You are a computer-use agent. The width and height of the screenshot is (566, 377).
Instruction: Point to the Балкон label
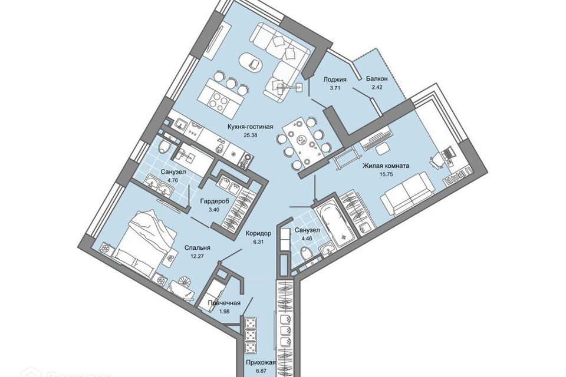376,78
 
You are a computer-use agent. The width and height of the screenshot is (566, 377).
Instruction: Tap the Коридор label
258,233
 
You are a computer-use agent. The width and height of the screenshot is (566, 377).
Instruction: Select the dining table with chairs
301,141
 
